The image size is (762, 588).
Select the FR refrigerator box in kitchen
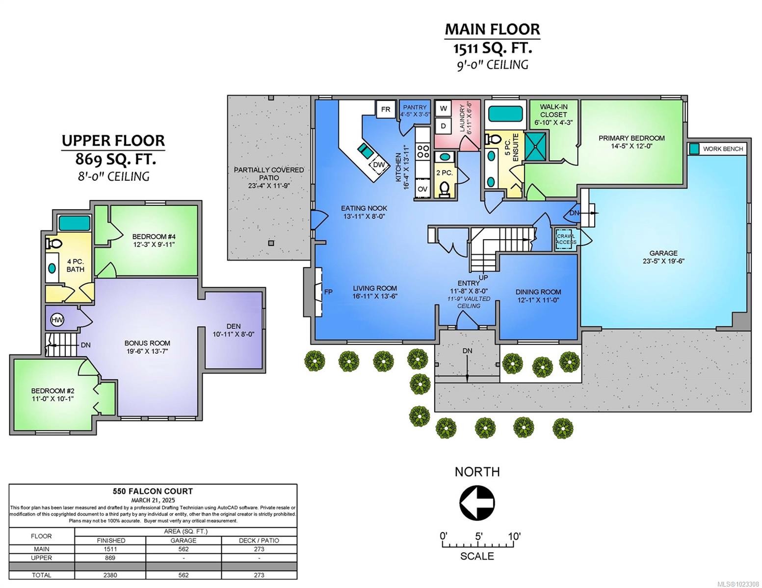pyautogui.click(x=386, y=109)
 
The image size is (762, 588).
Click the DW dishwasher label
pyautogui.click(x=378, y=165)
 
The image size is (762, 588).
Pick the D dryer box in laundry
pyautogui.click(x=444, y=126)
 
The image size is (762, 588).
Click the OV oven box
pyautogui.click(x=422, y=189)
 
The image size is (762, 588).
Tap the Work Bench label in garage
pyautogui.click(x=723, y=149)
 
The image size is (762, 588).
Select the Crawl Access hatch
pyautogui.click(x=566, y=239)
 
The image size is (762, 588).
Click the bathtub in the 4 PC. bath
pyautogui.click(x=75, y=223)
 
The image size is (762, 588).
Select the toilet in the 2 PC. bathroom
pyautogui.click(x=445, y=188)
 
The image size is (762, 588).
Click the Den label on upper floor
pyautogui.click(x=233, y=326)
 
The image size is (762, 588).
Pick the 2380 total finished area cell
pyautogui.click(x=110, y=575)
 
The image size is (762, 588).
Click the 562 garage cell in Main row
pyautogui.click(x=184, y=549)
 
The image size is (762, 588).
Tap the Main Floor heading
pyautogui.click(x=492, y=29)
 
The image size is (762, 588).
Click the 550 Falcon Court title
pyautogui.click(x=153, y=491)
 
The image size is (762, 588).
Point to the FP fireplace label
pyautogui.click(x=328, y=292)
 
